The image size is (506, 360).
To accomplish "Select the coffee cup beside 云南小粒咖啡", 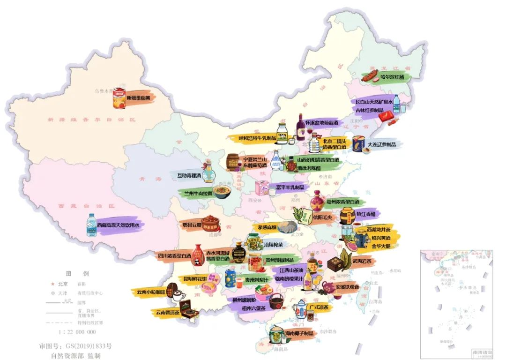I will (x=177, y=295).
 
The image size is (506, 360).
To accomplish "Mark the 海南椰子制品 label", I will (x=298, y=333).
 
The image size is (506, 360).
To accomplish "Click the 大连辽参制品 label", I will (x=381, y=144).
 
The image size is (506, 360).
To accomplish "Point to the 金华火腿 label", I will (x=381, y=246).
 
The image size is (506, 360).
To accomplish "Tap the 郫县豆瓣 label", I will (x=192, y=225).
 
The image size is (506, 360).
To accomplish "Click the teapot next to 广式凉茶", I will (x=299, y=309).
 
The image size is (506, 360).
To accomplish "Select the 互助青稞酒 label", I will (x=189, y=176).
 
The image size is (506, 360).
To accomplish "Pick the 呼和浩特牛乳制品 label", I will (x=251, y=138).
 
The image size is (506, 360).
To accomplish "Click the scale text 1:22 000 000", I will (x=77, y=332).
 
